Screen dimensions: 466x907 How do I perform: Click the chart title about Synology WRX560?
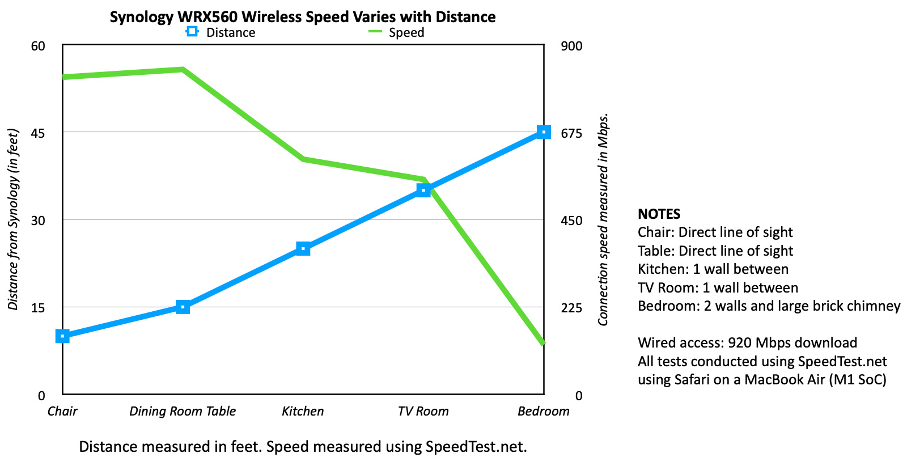click(x=303, y=17)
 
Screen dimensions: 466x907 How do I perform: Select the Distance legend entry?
click(x=221, y=32)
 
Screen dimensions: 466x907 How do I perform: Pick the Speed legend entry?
click(x=397, y=32)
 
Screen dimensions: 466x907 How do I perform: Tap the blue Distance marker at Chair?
click(x=62, y=336)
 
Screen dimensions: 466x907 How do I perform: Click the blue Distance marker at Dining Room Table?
click(x=183, y=307)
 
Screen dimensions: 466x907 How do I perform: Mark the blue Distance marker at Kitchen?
click(x=303, y=249)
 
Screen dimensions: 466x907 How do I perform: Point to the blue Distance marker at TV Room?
click(x=423, y=190)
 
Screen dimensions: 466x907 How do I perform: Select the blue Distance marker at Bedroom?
click(x=544, y=132)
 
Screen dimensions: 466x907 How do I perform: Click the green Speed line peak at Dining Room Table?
click(x=183, y=70)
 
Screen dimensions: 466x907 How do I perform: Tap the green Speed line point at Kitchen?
click(x=303, y=159)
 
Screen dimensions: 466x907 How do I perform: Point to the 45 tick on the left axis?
click(x=38, y=133)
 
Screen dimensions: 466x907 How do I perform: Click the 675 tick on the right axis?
click(x=571, y=133)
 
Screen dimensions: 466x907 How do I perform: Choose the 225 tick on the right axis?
click(x=571, y=308)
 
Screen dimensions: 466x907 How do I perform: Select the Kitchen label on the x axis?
click(x=303, y=411)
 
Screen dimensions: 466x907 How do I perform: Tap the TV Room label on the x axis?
click(x=423, y=411)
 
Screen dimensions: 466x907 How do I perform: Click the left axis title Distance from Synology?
click(x=13, y=219)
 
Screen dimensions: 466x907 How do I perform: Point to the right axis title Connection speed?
click(x=603, y=219)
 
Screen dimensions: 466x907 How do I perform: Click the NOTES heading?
click(x=659, y=214)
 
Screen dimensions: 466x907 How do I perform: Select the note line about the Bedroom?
click(x=769, y=306)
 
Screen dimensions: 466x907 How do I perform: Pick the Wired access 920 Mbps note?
click(x=747, y=343)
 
